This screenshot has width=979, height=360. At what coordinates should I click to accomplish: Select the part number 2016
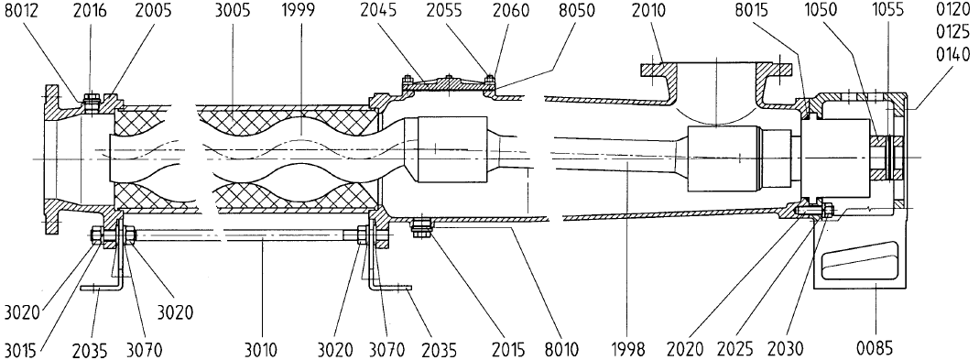(89, 11)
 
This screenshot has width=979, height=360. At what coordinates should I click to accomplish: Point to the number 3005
(234, 11)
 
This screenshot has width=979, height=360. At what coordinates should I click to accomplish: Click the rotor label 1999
(299, 11)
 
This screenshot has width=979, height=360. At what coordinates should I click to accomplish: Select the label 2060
(510, 11)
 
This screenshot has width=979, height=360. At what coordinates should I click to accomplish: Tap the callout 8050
(577, 11)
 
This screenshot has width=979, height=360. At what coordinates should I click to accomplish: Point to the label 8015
(771, 11)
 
